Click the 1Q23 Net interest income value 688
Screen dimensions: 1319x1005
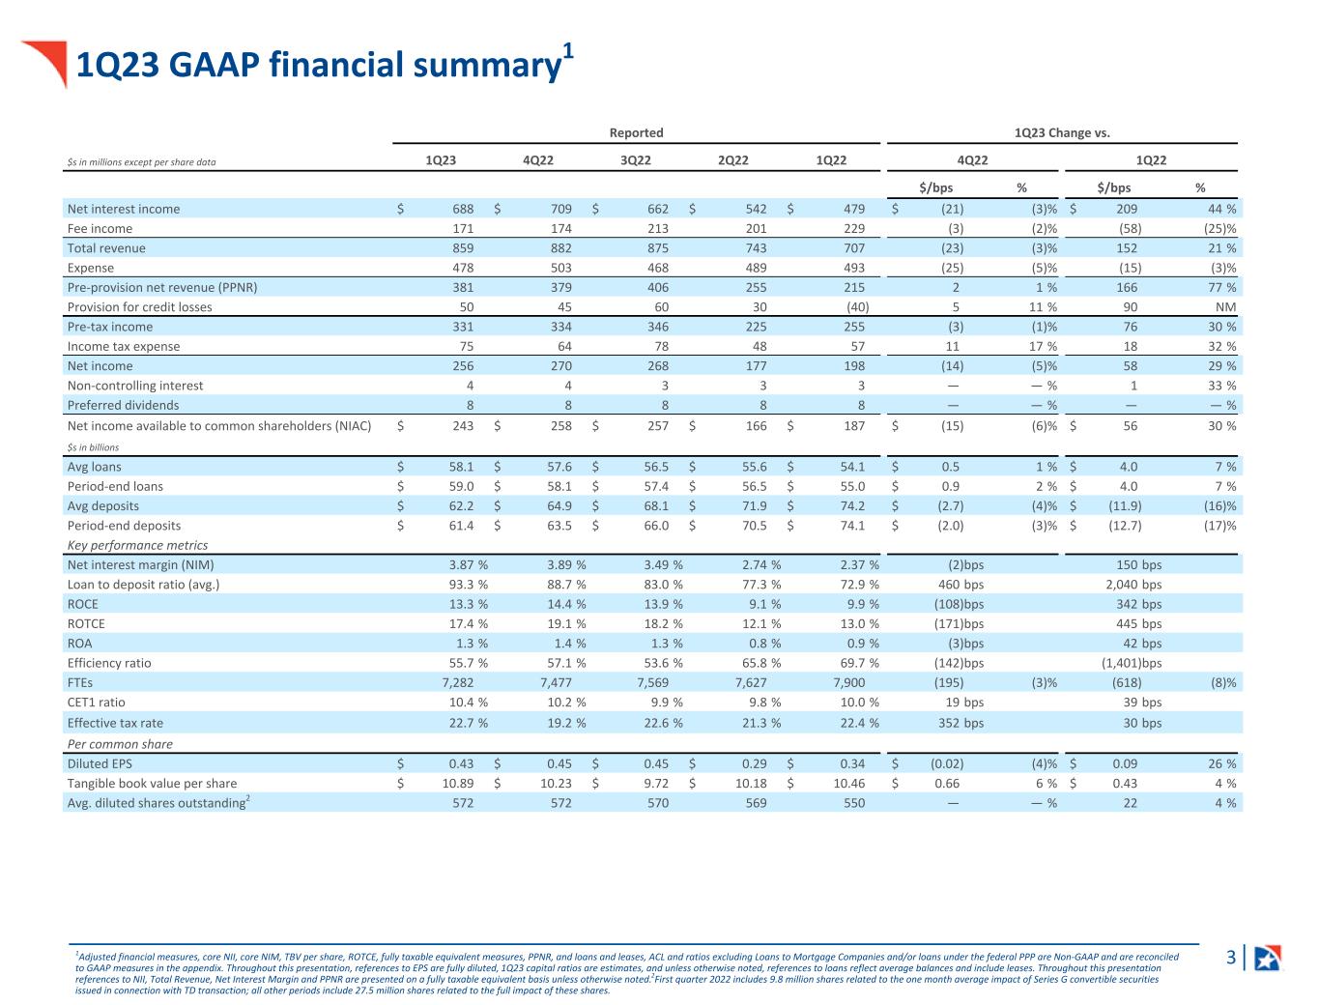(x=463, y=209)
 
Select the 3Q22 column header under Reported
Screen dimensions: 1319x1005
(x=636, y=160)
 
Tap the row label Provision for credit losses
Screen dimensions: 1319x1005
(x=139, y=307)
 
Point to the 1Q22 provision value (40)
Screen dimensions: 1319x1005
(x=857, y=307)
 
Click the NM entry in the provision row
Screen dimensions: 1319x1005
(x=1226, y=307)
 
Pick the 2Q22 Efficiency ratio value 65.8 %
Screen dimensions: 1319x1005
(x=761, y=663)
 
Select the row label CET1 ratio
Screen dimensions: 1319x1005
(x=96, y=703)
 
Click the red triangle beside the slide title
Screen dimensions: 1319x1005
(x=48, y=61)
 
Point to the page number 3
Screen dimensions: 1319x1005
(x=1231, y=957)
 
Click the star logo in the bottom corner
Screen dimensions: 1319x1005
(x=1268, y=958)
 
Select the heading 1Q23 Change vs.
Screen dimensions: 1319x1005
(x=1062, y=132)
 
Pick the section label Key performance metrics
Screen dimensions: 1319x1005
(x=137, y=545)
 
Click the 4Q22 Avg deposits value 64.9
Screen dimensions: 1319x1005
(x=559, y=505)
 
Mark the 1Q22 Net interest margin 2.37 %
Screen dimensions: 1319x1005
(x=859, y=564)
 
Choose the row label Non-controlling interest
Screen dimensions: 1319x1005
(x=135, y=386)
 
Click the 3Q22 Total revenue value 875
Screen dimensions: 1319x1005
(x=657, y=248)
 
